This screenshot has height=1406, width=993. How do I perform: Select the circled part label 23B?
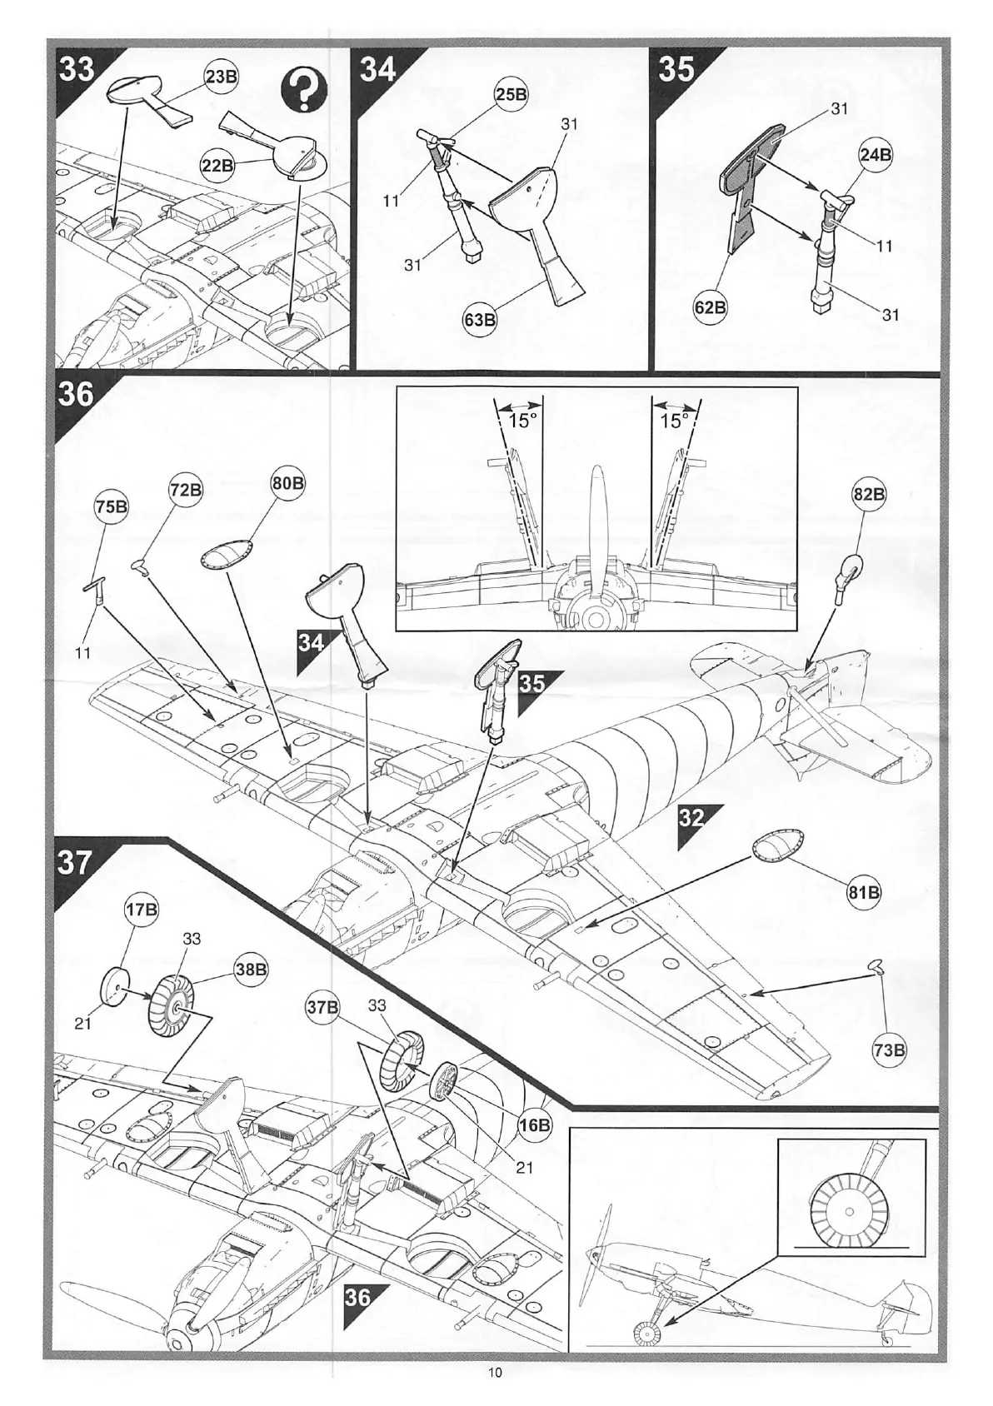[x=222, y=77]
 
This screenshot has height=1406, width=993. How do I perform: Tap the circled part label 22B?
[x=218, y=165]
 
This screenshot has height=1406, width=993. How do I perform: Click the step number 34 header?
[x=378, y=68]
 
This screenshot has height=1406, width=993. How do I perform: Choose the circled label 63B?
[x=481, y=320]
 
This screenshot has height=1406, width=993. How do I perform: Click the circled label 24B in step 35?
[x=875, y=155]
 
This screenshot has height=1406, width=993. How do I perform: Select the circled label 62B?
[x=710, y=307]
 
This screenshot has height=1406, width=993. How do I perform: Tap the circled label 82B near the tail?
[x=868, y=494]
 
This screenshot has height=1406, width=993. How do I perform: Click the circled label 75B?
[x=111, y=506]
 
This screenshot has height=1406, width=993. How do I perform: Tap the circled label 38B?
[x=251, y=970]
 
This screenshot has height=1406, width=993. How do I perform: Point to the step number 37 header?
[x=74, y=863]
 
